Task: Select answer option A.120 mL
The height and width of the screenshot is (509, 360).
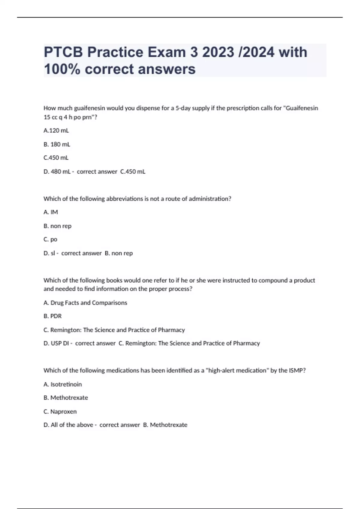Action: (56, 131)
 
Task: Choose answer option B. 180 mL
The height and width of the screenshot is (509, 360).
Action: (57, 144)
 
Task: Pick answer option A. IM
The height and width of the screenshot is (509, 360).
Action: (51, 212)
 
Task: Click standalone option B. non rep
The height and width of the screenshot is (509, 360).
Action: (58, 226)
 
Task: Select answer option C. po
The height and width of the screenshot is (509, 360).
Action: (50, 240)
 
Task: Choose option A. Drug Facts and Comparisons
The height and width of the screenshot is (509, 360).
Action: (85, 303)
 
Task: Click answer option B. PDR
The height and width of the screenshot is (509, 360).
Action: (52, 316)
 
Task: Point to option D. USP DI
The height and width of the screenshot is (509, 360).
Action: (56, 343)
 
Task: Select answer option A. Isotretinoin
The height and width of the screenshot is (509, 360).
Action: (63, 384)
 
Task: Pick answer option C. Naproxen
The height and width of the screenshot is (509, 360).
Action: (60, 412)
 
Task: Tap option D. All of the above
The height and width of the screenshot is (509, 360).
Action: (68, 425)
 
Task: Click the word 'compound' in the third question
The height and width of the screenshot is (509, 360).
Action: (273, 281)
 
